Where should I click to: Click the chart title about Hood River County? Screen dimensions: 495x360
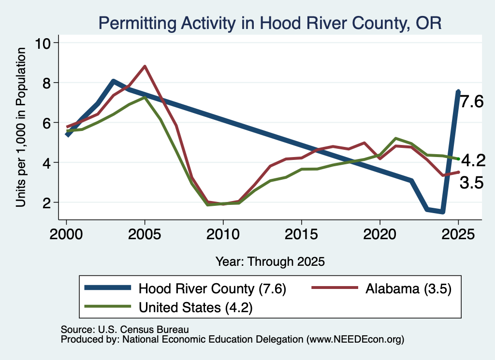point(270,23)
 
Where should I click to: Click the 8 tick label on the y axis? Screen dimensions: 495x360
point(47,83)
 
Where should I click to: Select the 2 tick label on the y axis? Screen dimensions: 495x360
point(47,202)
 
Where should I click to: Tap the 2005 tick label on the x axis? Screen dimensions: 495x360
point(145,234)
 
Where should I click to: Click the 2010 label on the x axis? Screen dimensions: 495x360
point(223,234)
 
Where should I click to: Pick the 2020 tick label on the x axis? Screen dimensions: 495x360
point(380,234)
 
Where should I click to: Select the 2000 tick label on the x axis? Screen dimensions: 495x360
point(66,234)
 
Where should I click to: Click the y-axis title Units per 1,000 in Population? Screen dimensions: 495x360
point(20,127)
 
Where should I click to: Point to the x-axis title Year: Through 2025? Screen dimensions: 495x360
point(270,261)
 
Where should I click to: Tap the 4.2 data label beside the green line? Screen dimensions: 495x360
point(473,161)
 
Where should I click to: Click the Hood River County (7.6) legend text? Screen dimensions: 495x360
point(212,288)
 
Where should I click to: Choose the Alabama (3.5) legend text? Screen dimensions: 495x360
point(408,288)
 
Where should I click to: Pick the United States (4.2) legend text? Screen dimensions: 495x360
point(196,307)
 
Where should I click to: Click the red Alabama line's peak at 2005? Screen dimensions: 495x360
point(145,66)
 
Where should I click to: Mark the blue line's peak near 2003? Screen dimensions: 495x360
point(113,81)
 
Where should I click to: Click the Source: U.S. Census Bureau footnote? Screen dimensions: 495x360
point(125,330)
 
